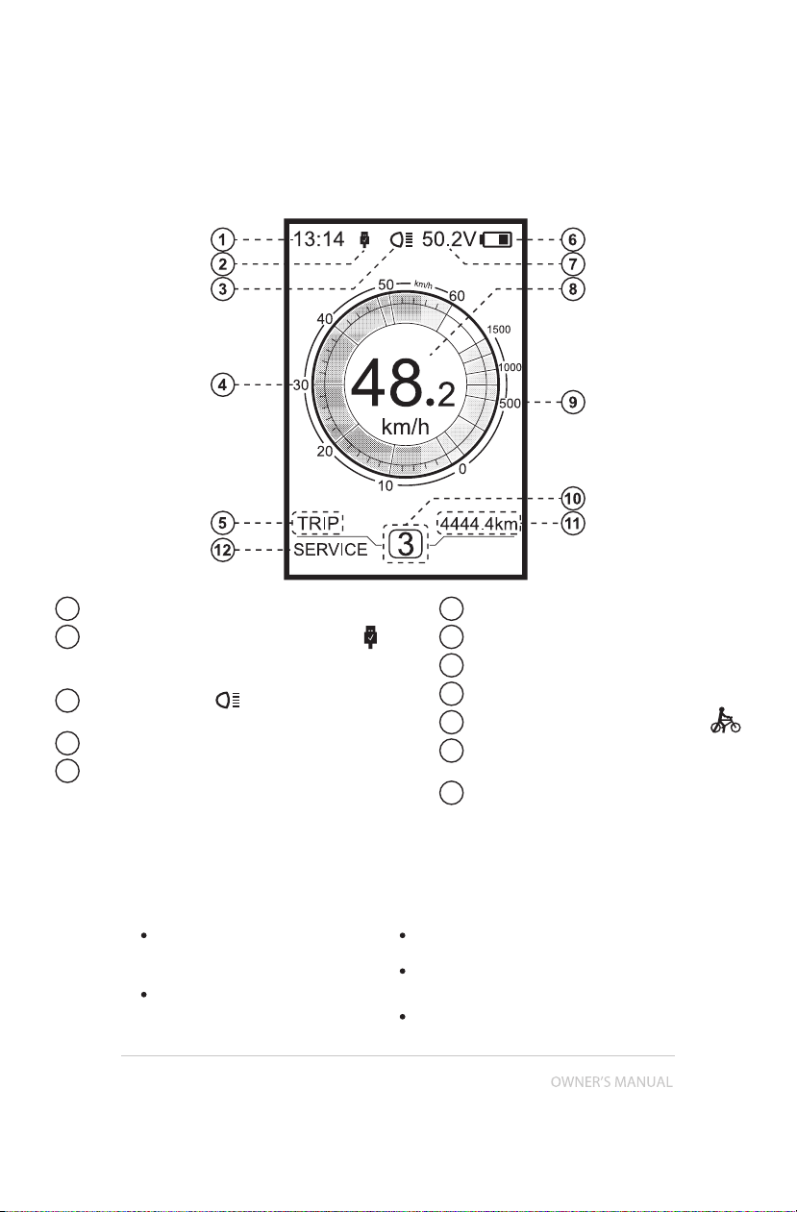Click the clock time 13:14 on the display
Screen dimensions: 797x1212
coord(318,239)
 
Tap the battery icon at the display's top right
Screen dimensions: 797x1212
coord(496,239)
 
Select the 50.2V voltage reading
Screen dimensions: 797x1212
coord(449,239)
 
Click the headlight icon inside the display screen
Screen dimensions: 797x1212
coord(402,239)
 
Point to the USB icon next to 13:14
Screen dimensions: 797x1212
coord(365,239)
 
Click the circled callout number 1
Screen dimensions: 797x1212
coord(222,239)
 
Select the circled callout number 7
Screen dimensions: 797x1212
coord(573,264)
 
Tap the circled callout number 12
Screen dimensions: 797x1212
coord(222,551)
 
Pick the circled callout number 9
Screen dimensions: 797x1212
coord(573,403)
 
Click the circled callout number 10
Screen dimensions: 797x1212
coord(573,498)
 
